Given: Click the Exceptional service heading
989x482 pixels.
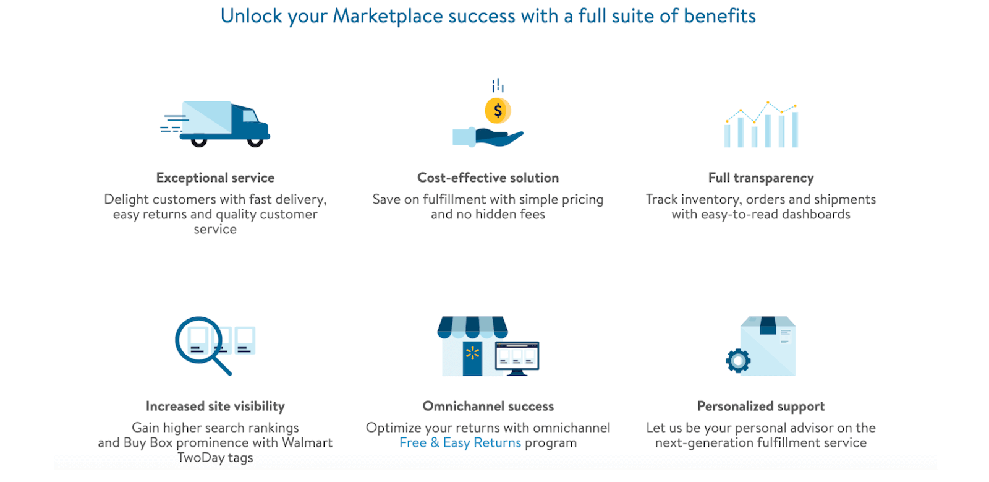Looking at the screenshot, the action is (x=216, y=178).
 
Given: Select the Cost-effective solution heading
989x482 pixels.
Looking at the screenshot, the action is (x=488, y=178).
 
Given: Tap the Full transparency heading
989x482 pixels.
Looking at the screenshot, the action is (x=761, y=178).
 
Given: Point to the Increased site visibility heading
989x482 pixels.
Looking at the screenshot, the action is (x=216, y=406).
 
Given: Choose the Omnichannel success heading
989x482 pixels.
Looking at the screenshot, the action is (x=488, y=406).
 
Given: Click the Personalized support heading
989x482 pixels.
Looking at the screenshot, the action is (x=761, y=406).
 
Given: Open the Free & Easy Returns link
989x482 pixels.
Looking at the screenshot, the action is (x=460, y=442).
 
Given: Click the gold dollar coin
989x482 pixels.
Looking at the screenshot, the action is (x=498, y=111).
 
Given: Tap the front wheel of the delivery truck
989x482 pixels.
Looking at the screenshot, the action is (x=255, y=141).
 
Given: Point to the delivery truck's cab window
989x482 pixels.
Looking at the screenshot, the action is (x=250, y=115).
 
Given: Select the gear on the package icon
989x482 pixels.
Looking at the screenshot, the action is (x=738, y=361).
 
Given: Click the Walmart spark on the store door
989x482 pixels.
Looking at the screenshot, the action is (x=472, y=353).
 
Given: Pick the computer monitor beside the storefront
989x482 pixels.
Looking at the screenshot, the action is (x=517, y=358).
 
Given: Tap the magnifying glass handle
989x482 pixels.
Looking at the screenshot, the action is (x=222, y=365).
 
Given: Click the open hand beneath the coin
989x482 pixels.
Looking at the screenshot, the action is (x=499, y=137).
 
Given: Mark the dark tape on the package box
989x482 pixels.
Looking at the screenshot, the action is (x=768, y=325).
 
